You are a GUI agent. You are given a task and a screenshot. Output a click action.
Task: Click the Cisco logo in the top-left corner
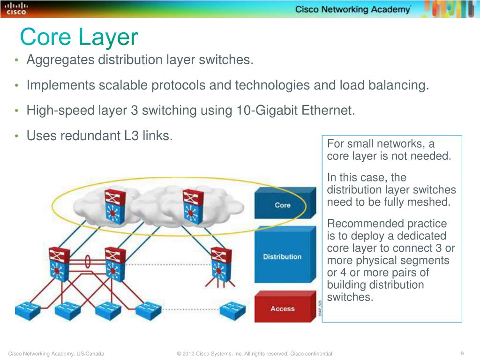pos(16,9)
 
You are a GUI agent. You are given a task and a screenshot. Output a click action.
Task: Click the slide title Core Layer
pos(79,37)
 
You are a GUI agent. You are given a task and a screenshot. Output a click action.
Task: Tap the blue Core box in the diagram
pos(283,205)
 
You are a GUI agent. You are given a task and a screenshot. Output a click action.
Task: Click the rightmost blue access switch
pos(232,310)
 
